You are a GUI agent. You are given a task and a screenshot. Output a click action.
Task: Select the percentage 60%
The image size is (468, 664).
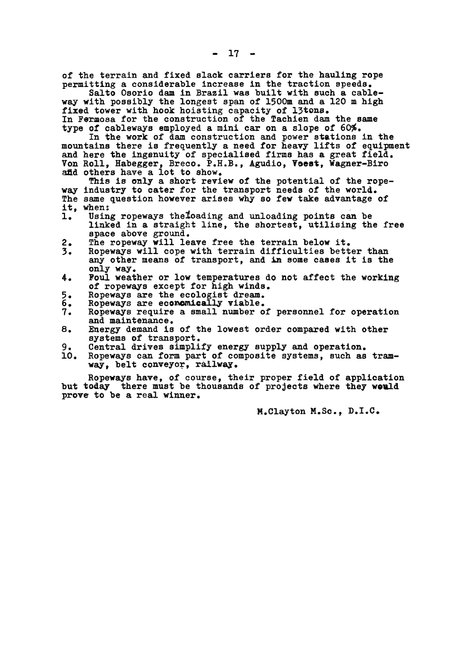click(353, 129)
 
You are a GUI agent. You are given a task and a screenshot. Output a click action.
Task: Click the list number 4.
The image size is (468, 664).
click(65, 278)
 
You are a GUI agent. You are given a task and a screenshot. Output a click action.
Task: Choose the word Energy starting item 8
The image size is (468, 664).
click(103, 330)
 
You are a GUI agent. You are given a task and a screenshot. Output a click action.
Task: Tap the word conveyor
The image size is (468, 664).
click(150, 365)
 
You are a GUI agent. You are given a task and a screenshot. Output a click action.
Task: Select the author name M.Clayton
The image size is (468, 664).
click(280, 412)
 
